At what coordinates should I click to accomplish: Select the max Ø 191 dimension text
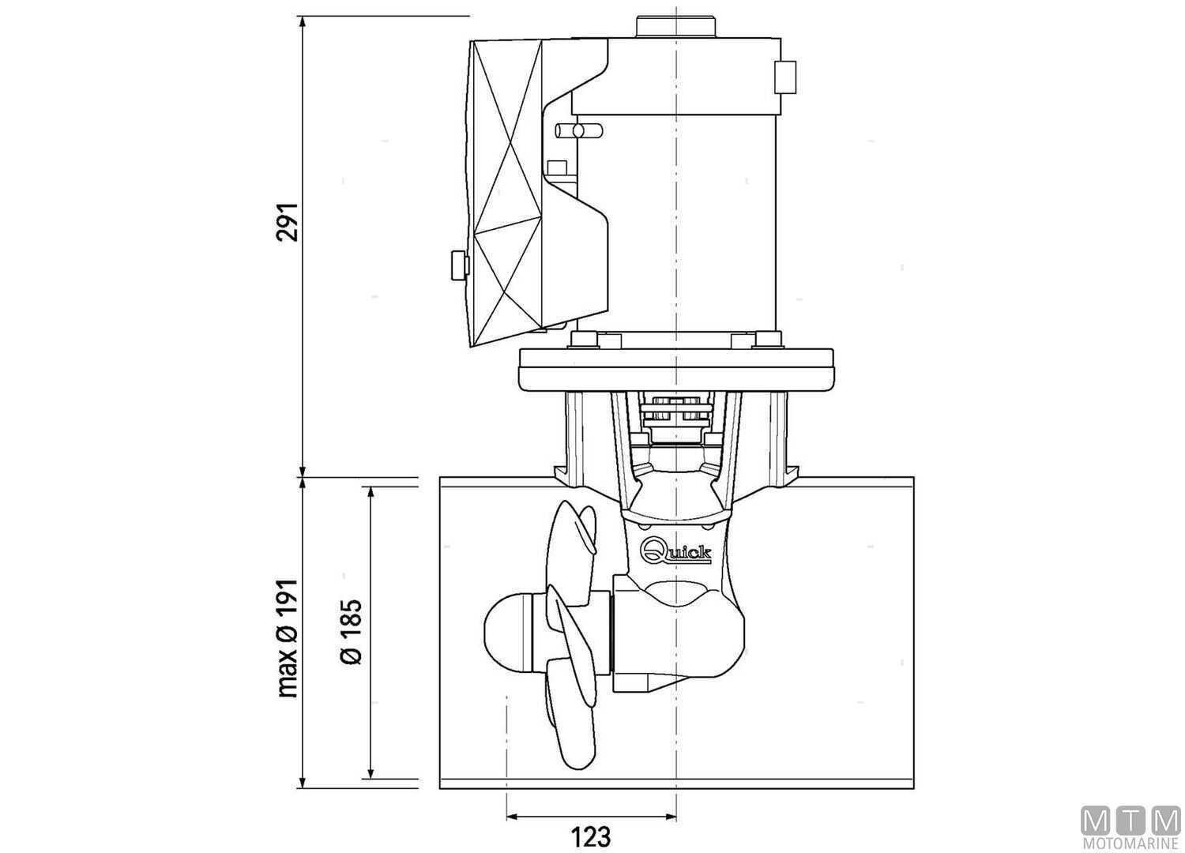288,637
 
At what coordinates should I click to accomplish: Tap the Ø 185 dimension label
351,632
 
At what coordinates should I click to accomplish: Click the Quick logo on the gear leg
677,551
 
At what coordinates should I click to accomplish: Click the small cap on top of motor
675,24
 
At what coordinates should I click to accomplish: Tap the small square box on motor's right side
785,77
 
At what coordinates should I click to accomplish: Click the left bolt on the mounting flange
582,340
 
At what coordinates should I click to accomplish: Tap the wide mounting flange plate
676,369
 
